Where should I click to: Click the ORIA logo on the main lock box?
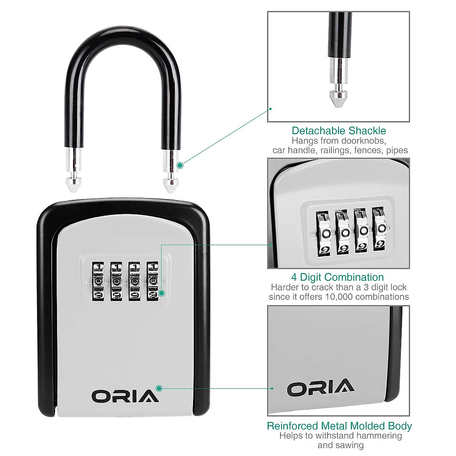[x=125, y=396]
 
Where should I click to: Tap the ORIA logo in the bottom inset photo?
[x=320, y=388]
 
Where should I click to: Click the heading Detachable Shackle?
[x=339, y=131]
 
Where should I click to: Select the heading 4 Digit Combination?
[x=337, y=277]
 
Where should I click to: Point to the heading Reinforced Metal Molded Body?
[x=339, y=426]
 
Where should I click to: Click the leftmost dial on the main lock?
[x=98, y=281]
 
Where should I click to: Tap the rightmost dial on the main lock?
[x=153, y=281]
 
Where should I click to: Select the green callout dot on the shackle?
[x=180, y=165]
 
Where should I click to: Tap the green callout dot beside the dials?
[x=162, y=293]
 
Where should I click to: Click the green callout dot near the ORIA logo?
[x=159, y=388]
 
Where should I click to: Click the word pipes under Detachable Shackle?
[x=397, y=150]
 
